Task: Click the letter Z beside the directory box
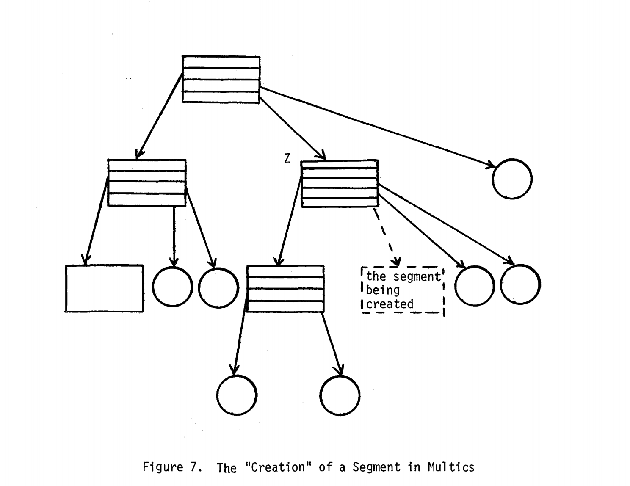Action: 287,158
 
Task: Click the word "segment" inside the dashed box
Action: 417,277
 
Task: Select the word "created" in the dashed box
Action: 390,304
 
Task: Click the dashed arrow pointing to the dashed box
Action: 387,236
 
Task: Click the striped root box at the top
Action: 221,79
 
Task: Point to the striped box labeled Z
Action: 340,183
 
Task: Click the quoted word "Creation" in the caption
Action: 278,467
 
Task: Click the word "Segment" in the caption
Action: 376,467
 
